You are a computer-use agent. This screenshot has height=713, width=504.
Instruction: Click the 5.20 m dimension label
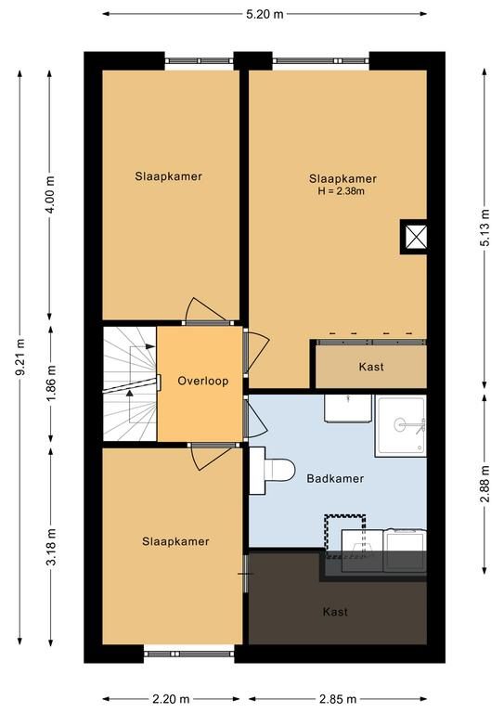point(265,14)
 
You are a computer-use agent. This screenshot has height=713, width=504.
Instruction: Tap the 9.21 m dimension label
point(20,357)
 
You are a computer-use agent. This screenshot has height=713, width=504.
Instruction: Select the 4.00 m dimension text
point(50,195)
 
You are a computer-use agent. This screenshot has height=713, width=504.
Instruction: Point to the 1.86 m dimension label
point(51,382)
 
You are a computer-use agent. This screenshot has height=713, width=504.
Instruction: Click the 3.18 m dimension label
point(51,547)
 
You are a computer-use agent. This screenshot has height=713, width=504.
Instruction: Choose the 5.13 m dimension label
point(485,227)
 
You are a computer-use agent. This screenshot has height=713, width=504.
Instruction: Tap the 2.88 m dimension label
point(485,484)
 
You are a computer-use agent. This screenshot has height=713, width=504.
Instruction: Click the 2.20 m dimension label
point(171,698)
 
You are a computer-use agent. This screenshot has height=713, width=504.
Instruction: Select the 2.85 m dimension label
point(338,698)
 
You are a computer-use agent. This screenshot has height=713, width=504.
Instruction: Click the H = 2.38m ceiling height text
point(342,191)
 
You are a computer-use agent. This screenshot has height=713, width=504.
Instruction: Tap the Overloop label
point(202,381)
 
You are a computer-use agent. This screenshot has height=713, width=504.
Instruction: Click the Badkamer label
point(335,478)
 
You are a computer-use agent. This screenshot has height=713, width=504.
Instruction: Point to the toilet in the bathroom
point(272,470)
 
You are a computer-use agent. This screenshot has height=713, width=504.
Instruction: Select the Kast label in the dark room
point(335,612)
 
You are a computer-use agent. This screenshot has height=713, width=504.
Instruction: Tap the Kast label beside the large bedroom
point(371,367)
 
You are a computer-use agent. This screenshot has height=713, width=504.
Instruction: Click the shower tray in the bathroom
point(400,425)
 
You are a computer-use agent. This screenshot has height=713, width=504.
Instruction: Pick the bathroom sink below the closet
point(348,408)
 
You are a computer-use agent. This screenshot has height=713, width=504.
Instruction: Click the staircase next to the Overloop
point(130,383)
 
